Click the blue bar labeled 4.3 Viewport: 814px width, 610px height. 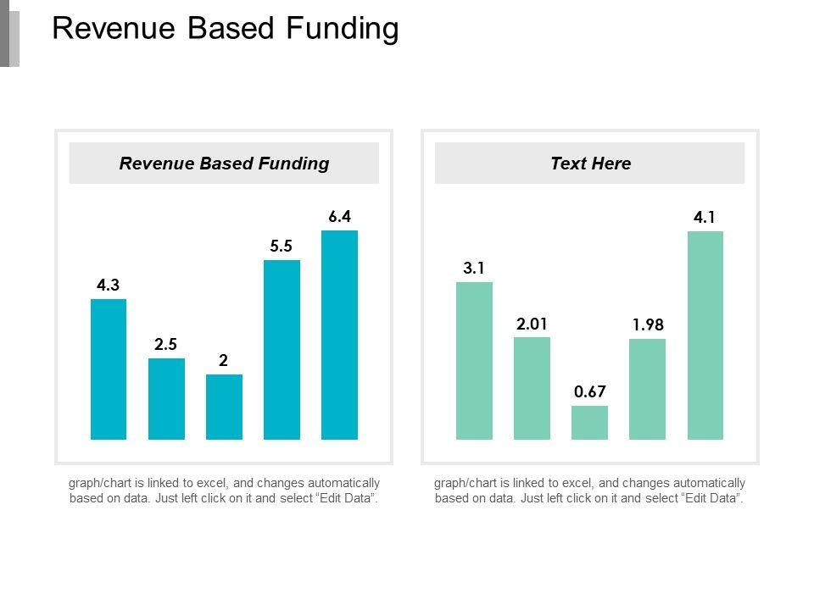109,369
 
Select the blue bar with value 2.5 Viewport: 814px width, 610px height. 166,399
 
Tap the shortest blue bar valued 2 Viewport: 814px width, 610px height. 224,407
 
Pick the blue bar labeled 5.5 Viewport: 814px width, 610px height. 282,350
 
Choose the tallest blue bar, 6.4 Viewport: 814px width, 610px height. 339,335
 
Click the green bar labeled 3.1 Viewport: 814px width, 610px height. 474,361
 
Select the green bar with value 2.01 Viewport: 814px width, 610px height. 532,388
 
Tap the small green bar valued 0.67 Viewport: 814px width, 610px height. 589,423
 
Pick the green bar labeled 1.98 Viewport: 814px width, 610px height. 647,389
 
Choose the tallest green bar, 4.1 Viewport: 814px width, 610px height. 705,335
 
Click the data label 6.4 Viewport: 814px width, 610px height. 339,217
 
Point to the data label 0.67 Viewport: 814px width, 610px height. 589,392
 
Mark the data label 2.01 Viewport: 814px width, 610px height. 532,324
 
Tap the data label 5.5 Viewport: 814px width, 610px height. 282,247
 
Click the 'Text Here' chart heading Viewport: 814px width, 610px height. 590,164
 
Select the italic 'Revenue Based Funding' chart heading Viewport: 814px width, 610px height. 224,164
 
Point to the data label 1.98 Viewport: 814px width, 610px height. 647,325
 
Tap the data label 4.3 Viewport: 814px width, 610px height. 108,286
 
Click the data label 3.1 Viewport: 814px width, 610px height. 474,269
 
